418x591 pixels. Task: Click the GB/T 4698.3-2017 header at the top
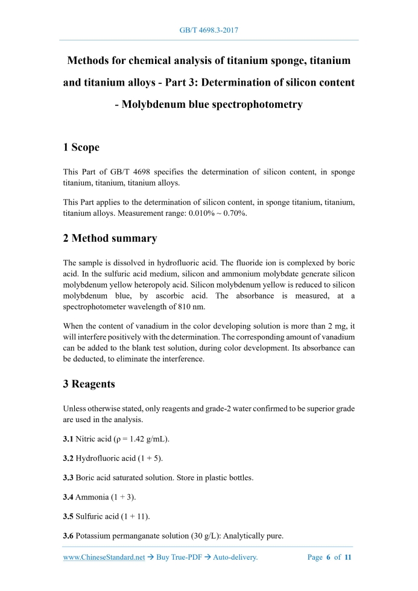(x=209, y=29)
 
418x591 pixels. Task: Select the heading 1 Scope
(x=81, y=147)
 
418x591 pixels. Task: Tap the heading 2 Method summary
(x=110, y=238)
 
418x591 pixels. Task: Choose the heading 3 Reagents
(x=89, y=384)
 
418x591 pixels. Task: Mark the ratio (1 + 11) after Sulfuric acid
(x=137, y=517)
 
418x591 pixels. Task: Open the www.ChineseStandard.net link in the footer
(x=104, y=557)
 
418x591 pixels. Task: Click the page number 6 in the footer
(x=329, y=557)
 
